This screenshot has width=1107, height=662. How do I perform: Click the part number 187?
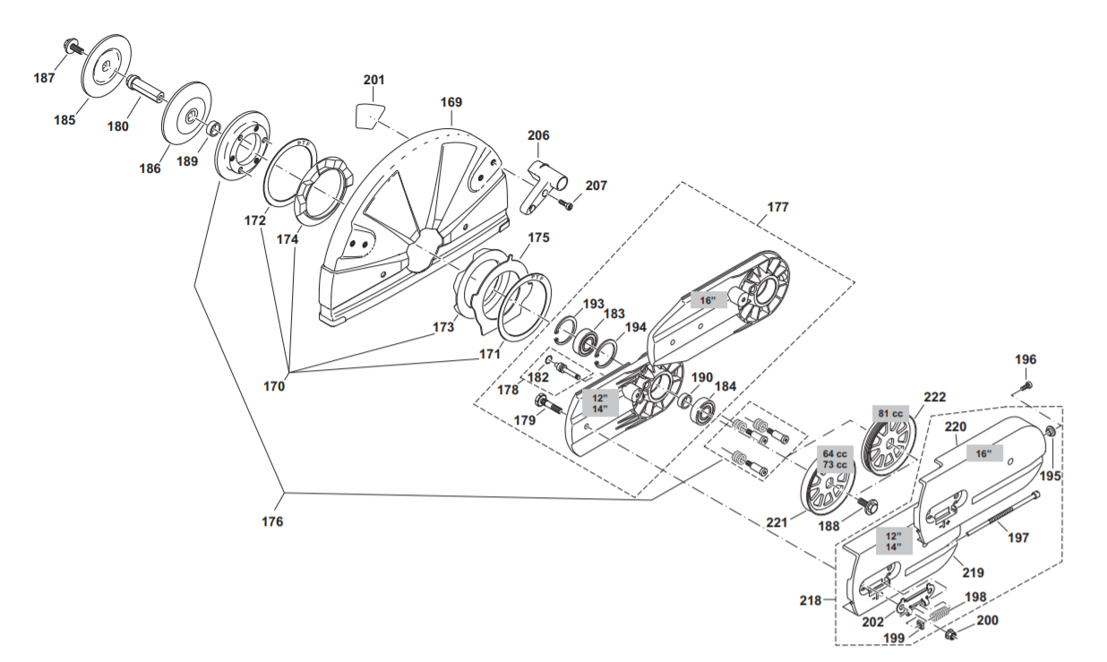point(44,78)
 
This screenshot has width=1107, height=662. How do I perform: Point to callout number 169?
point(451,103)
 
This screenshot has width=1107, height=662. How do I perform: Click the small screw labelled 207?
point(565,204)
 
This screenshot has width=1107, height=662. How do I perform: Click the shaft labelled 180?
point(146,89)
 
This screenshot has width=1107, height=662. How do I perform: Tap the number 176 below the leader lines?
point(272,521)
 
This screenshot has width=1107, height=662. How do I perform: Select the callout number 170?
point(274,387)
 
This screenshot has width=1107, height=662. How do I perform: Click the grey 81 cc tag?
point(891,413)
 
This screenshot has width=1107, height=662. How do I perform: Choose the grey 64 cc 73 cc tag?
point(834,459)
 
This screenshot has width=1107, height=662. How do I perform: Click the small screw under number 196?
point(1026,385)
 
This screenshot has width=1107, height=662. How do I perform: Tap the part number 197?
point(1017,537)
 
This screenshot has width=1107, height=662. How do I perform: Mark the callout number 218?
point(811,601)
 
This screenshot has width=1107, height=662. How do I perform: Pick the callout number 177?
point(778,207)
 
